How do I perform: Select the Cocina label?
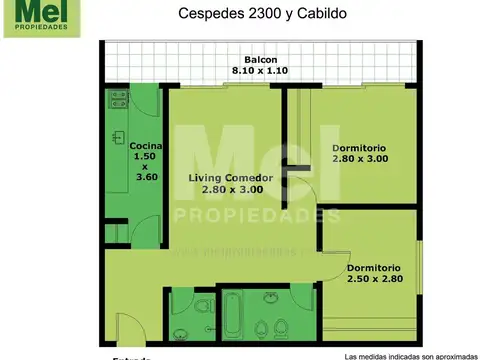(x=146, y=145)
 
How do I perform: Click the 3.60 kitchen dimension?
(x=146, y=177)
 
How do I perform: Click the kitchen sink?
(x=117, y=134)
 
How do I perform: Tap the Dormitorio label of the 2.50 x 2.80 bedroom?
(x=374, y=267)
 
